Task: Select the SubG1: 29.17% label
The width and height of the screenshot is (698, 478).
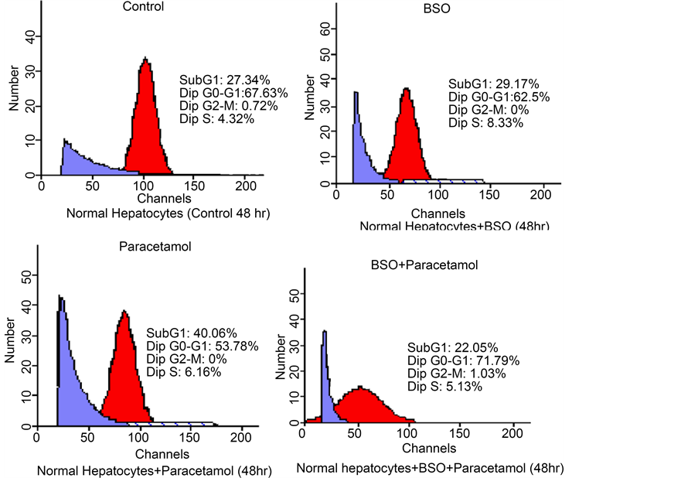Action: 483,84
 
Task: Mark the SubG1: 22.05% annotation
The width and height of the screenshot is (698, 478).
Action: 443,347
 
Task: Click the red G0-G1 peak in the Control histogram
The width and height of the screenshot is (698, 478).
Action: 145,124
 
